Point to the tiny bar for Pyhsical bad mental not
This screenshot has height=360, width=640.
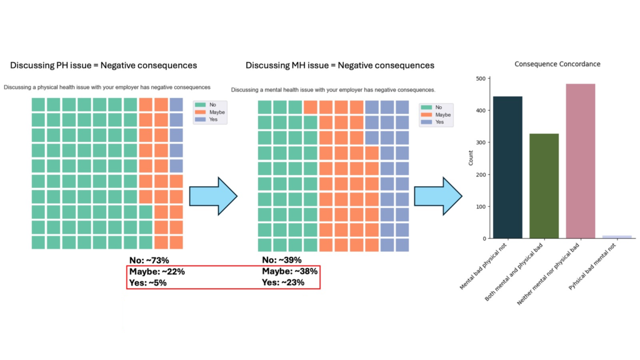click(617, 237)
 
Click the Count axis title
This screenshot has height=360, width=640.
click(471, 157)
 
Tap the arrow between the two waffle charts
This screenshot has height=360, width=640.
click(213, 196)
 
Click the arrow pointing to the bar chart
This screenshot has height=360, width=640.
click(439, 196)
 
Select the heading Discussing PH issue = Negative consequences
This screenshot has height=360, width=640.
click(103, 65)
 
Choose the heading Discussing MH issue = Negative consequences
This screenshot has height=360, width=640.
click(340, 65)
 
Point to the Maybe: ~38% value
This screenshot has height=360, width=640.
click(290, 271)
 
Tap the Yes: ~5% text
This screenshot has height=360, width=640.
click(148, 282)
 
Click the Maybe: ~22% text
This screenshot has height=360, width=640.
click(157, 271)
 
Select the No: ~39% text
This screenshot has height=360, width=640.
click(282, 260)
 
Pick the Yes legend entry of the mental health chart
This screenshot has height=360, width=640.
click(435, 122)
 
